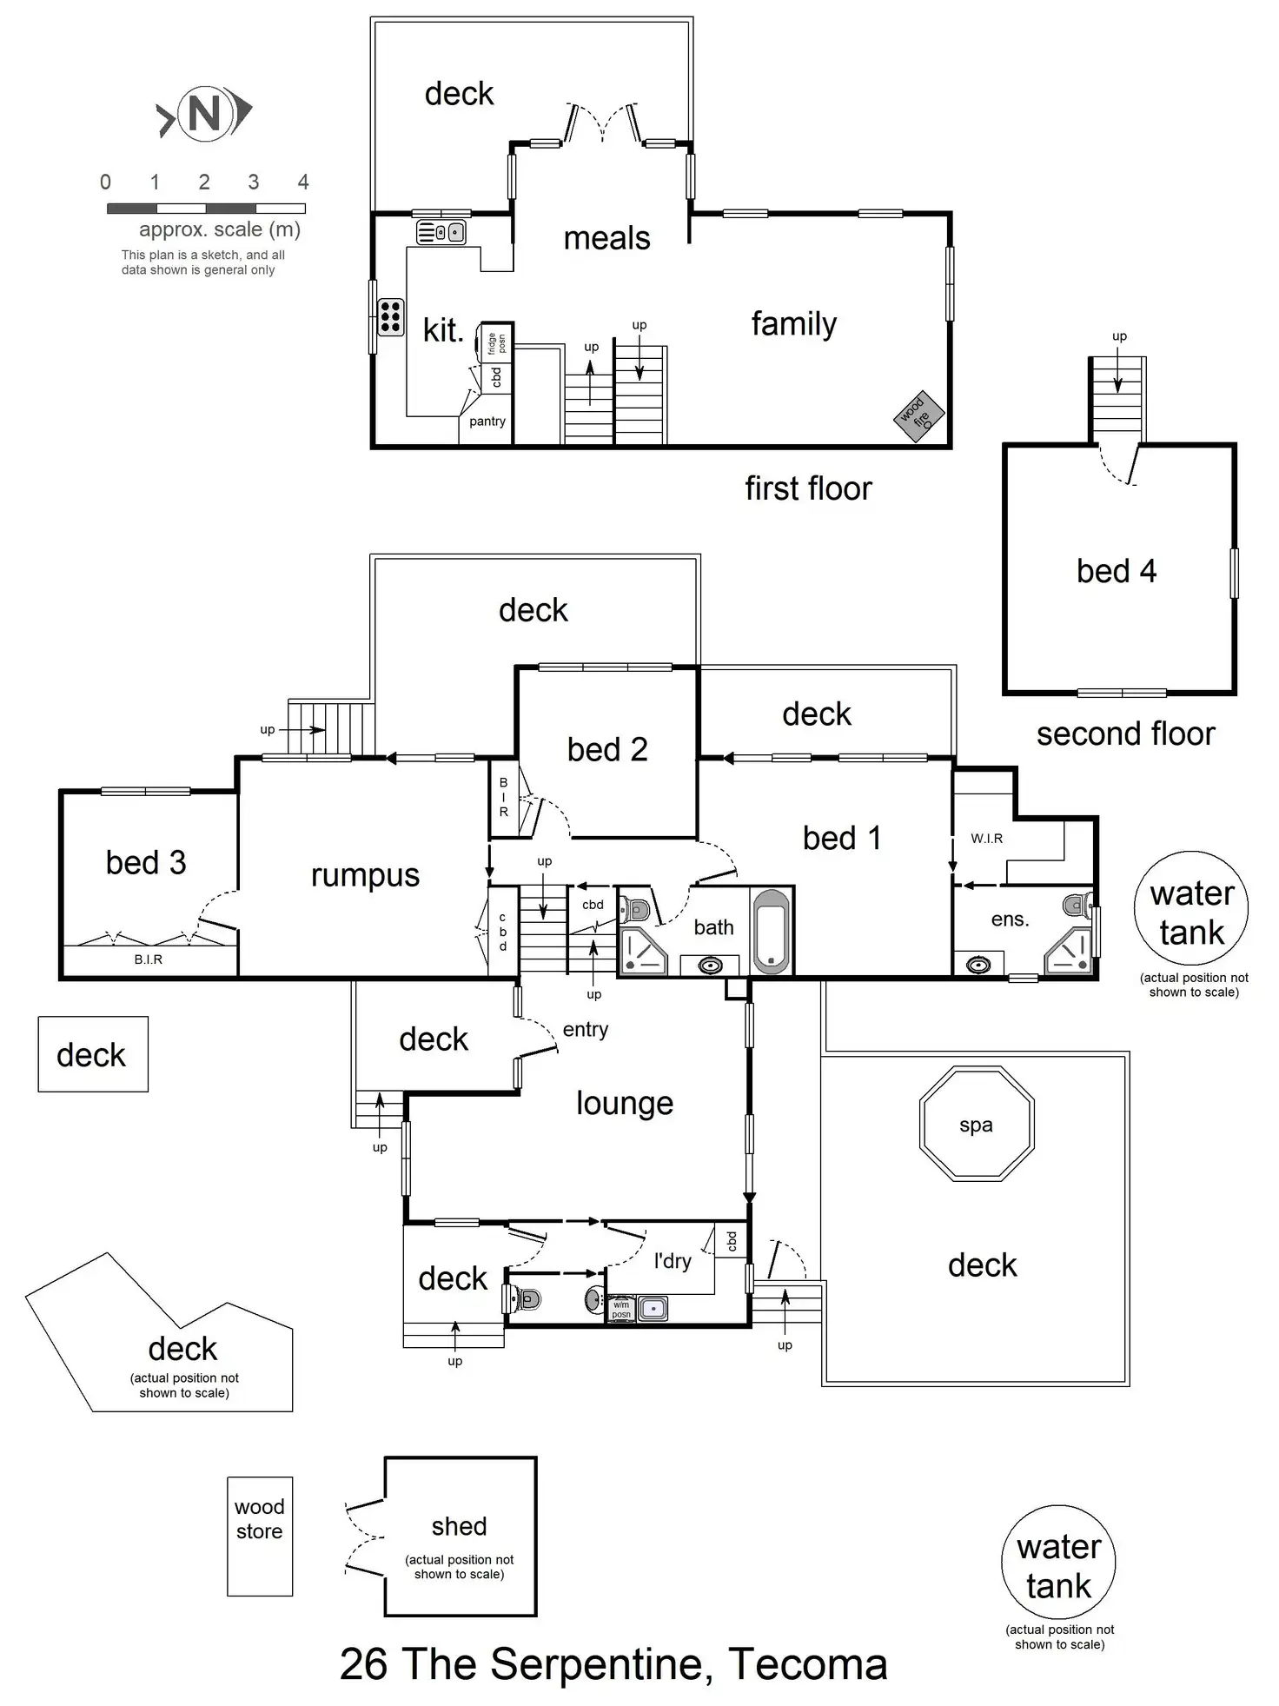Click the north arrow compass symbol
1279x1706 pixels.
tap(204, 112)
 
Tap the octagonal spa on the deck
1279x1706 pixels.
tap(976, 1125)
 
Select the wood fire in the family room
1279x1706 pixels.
tap(918, 415)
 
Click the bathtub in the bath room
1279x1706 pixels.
tap(772, 931)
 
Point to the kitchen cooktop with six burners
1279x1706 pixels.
tap(390, 317)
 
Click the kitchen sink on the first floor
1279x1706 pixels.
tap(441, 233)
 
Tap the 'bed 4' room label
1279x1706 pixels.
tap(1116, 571)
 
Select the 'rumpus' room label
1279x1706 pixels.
tap(365, 876)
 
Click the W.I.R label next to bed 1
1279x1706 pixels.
tap(986, 839)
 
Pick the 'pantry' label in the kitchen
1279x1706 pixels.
tap(487, 422)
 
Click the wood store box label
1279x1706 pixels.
tap(259, 1518)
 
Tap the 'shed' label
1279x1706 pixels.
tap(459, 1526)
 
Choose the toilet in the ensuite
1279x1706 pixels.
tap(1078, 906)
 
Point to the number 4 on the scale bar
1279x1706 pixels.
tap(302, 183)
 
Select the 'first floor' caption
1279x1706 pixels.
tap(808, 488)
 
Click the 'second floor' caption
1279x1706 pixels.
tap(1125, 734)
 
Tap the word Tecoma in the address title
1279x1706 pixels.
tap(807, 1665)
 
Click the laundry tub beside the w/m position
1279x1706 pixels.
tap(653, 1308)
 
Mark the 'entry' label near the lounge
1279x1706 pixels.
tap(585, 1030)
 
